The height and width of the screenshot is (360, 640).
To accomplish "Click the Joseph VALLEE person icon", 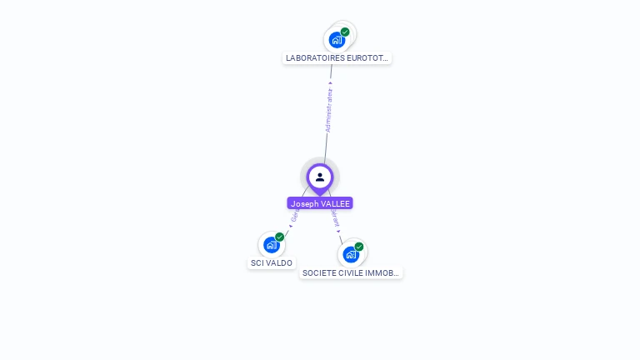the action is [320, 177].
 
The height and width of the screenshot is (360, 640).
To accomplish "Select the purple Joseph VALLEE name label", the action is [320, 203].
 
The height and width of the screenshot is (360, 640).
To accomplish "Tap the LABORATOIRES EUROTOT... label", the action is [337, 58].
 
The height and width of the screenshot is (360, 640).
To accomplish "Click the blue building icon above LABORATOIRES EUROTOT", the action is [337, 39].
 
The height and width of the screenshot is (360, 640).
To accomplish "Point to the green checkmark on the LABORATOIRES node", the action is [345, 32].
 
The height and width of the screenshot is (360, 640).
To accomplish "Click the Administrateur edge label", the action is [328, 111].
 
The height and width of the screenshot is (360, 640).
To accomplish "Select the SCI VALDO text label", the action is [272, 262].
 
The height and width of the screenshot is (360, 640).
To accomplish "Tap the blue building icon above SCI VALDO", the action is [271, 245].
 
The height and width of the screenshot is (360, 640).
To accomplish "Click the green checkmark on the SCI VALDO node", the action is [280, 237].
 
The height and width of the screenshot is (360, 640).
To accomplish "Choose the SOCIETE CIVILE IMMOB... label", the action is [351, 272].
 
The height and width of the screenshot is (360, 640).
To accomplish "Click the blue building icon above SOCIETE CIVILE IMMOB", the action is [351, 254].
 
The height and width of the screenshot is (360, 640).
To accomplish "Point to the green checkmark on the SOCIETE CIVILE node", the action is [359, 247].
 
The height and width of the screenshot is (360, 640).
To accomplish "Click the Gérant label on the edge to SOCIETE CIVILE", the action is [335, 218].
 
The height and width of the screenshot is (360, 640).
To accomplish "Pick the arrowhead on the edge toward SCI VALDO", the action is [290, 226].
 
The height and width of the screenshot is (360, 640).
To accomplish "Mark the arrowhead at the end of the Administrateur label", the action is [331, 83].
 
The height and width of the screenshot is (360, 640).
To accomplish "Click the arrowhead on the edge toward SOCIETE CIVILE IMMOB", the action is [339, 231].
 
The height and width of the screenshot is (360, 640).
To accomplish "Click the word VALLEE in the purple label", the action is [332, 203].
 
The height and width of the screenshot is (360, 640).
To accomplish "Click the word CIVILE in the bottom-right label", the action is [348, 272].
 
